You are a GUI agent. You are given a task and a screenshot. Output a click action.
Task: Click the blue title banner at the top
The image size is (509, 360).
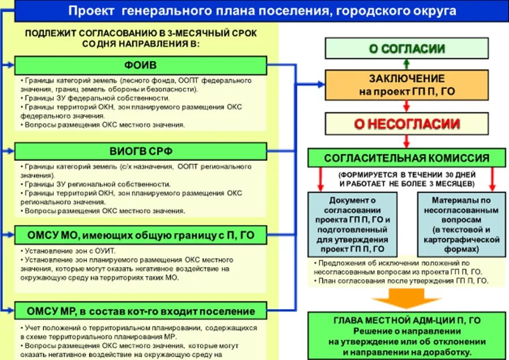(x=262, y=11)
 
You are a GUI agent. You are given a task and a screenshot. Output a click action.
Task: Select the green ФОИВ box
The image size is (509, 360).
(x=140, y=65)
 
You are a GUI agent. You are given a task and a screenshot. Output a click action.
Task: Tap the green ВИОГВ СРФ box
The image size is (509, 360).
(x=140, y=151)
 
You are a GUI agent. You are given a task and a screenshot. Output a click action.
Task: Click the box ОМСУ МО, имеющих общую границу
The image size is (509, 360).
(x=140, y=234)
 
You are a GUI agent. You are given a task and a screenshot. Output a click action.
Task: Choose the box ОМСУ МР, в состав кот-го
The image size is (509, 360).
(x=140, y=311)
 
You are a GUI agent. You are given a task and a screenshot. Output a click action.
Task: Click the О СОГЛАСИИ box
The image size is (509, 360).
(x=406, y=49)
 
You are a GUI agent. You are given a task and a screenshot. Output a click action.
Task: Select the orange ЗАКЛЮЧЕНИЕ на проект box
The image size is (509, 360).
(x=406, y=85)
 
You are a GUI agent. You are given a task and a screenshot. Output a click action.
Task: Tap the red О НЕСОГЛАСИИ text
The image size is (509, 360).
(x=406, y=124)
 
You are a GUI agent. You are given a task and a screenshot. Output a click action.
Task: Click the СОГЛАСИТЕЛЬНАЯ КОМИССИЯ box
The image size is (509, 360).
(x=406, y=158)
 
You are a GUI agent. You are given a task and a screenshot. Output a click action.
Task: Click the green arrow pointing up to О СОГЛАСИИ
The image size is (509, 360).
(x=406, y=64)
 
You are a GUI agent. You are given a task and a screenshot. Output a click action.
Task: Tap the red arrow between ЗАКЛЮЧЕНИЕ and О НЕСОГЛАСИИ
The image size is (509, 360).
(x=406, y=105)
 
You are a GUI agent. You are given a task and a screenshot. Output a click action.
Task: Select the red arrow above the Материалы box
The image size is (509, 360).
(x=491, y=179)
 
